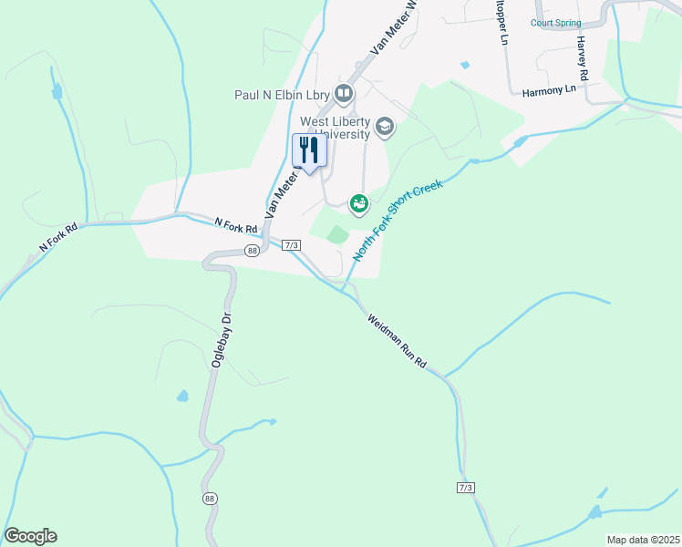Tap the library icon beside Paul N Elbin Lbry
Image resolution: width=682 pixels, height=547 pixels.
[344, 93]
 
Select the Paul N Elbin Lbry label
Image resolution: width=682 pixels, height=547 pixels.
[283, 94]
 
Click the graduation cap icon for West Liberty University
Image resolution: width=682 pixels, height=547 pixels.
[384, 127]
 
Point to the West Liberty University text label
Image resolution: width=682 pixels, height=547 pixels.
[336, 128]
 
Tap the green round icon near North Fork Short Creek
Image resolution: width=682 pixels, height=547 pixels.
[359, 203]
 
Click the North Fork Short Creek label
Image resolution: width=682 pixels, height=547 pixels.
[397, 221]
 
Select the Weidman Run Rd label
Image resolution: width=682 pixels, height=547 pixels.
[398, 341]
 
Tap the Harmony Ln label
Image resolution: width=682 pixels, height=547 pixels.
[550, 89]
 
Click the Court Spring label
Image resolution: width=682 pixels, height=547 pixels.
[556, 23]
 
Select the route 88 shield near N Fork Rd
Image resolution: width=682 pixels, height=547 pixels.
[253, 250]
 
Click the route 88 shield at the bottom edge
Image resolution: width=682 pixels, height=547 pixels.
[211, 499]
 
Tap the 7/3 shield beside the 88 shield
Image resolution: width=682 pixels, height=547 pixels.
[292, 244]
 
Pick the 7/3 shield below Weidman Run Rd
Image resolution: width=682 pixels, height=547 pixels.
[465, 488]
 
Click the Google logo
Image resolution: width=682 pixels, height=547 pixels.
[30, 535]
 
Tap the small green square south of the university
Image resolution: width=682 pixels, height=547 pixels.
[337, 235]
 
